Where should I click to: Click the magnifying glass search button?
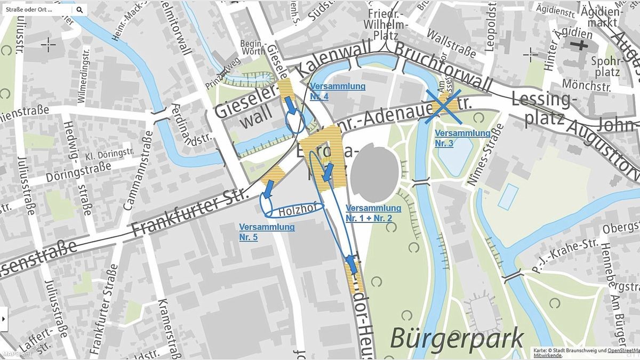(x=79, y=10)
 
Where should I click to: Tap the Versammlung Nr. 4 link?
(x=338, y=91)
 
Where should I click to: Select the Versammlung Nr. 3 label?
(x=462, y=138)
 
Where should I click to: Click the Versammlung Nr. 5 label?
(x=267, y=232)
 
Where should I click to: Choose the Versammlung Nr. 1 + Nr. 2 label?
(x=373, y=213)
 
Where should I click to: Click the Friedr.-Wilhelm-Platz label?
(x=386, y=25)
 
